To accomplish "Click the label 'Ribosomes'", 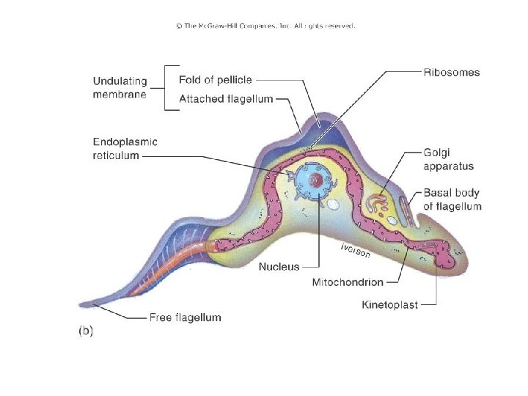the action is pos(452,73).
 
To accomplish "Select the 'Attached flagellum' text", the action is pos(226,98).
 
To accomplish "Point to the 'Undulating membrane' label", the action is pos(120,87).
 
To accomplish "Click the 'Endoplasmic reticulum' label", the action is pos(125,149).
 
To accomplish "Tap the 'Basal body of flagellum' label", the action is pos(452,199).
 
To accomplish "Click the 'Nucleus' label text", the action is pos(279,267).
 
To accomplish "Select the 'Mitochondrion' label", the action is pos(348,282).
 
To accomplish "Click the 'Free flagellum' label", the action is pos(185,318).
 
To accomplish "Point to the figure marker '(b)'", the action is pos(86,331).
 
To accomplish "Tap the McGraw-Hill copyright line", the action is pos(265,26).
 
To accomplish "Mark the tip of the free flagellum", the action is pos(81,304).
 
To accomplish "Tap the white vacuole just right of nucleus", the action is pos(333,206).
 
